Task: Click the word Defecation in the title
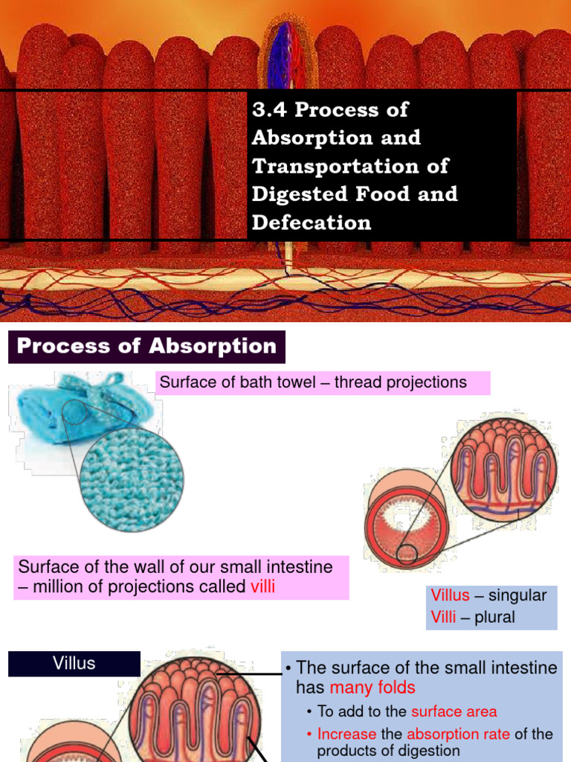pyautogui.click(x=312, y=222)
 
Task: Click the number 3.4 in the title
pyautogui.click(x=269, y=109)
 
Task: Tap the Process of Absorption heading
pyautogui.click(x=146, y=346)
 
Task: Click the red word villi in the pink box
pyautogui.click(x=262, y=586)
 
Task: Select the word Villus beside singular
pyautogui.click(x=451, y=595)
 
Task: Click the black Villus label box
pyautogui.click(x=74, y=663)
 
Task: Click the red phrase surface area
pyautogui.click(x=454, y=712)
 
